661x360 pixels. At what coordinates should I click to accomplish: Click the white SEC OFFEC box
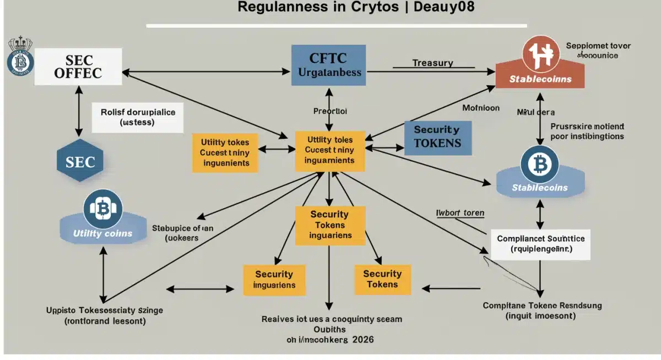tap(78, 66)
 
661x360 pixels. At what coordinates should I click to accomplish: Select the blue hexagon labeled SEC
tap(80, 162)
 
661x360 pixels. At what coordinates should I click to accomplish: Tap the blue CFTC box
tap(329, 65)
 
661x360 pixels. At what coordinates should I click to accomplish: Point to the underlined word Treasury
tap(432, 63)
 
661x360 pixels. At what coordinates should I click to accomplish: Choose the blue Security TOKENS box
tap(437, 137)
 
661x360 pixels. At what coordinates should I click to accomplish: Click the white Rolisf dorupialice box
tap(138, 117)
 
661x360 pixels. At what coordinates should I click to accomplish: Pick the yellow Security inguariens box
tap(274, 279)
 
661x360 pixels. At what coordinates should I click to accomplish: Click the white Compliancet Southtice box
tap(540, 244)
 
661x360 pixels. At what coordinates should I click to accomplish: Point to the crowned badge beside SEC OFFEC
tap(20, 57)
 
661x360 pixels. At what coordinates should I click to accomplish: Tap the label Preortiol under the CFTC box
tap(330, 111)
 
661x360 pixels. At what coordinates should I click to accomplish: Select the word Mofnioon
tap(480, 108)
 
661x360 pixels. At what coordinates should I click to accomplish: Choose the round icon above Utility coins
tap(102, 209)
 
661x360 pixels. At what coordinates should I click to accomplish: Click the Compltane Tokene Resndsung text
tap(542, 305)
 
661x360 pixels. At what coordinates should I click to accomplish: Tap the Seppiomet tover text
tap(598, 46)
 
